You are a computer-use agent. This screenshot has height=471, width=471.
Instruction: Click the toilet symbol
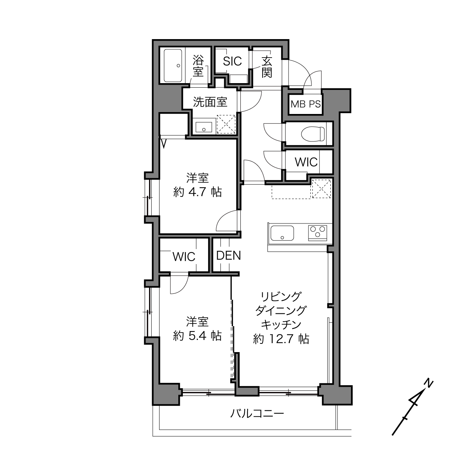[313, 134]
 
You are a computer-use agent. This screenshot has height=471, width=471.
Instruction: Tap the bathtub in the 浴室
[173, 65]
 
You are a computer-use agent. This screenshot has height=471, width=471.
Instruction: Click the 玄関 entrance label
[267, 67]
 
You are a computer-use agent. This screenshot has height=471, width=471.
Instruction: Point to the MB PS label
[305, 104]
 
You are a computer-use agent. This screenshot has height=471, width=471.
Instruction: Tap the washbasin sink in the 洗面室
[204, 127]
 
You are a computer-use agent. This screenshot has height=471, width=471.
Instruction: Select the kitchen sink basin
[282, 233]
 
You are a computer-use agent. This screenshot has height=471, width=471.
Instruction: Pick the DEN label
[228, 255]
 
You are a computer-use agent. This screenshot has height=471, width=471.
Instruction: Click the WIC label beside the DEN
[184, 257]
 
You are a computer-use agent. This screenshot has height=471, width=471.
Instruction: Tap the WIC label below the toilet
[306, 162]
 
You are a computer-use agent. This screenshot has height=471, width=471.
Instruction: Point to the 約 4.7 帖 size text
[198, 192]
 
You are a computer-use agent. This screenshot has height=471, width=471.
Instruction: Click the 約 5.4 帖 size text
[198, 336]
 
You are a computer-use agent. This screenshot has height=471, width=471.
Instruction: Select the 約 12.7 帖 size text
[281, 339]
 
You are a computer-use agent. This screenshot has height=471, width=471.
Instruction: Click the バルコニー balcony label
[257, 413]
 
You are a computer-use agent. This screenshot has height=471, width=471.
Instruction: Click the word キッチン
[281, 325]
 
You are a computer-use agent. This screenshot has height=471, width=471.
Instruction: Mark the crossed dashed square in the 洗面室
[226, 124]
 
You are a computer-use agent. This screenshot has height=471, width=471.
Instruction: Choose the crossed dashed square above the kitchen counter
[321, 188]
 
